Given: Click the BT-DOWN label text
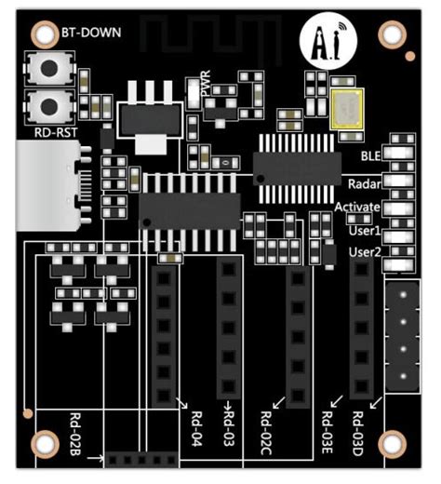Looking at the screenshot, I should pyautogui.click(x=91, y=33).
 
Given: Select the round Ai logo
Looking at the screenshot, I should pyautogui.click(x=319, y=42).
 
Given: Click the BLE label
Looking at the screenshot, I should pyautogui.click(x=371, y=156).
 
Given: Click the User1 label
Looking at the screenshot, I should pyautogui.click(x=364, y=229).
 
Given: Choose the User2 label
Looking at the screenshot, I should pyautogui.click(x=364, y=252).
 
